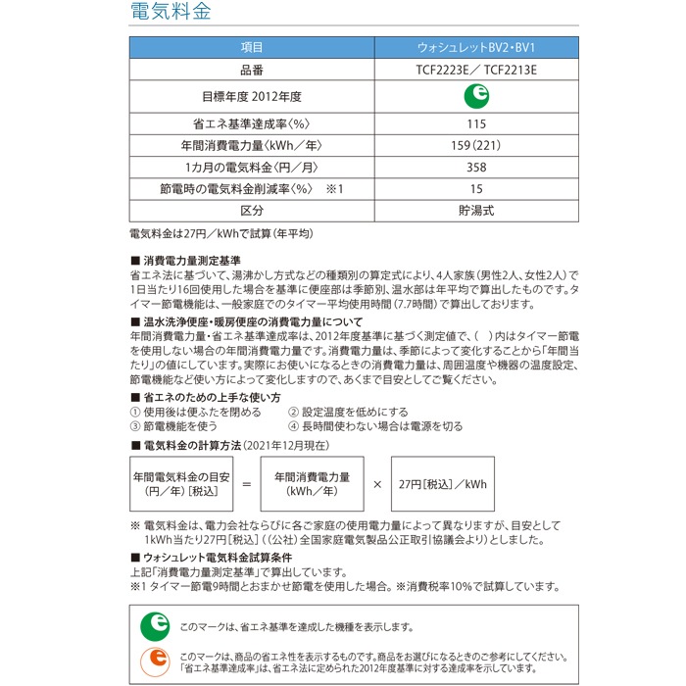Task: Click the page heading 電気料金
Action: (x=170, y=15)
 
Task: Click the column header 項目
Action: (x=252, y=48)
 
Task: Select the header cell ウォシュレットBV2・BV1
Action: (x=476, y=48)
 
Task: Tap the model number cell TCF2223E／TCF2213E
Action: (x=476, y=71)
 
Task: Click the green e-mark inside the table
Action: (x=476, y=97)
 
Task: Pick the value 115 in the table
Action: (x=476, y=124)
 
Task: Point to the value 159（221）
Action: (x=476, y=146)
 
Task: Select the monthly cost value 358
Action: (x=476, y=168)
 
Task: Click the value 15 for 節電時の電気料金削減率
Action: (x=476, y=189)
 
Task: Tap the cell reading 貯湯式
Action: (x=476, y=211)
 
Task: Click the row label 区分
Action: (x=252, y=211)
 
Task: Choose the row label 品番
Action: (x=252, y=71)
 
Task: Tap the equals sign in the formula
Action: (x=246, y=484)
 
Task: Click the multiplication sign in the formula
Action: (x=377, y=484)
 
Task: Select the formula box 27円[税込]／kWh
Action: (x=443, y=484)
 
